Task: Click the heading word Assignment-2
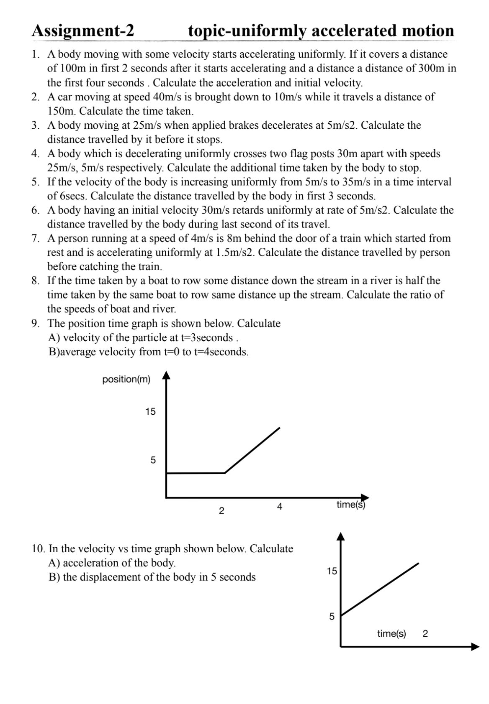83,31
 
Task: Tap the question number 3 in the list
36,125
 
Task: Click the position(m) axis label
126,379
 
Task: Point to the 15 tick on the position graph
150,412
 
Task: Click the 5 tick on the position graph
153,460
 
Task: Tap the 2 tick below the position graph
221,511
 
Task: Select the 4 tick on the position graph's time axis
280,507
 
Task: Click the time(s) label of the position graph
351,505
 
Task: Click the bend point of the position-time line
225,473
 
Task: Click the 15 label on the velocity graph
332,571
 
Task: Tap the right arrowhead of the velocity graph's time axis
475,647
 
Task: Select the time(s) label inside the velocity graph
391,634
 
